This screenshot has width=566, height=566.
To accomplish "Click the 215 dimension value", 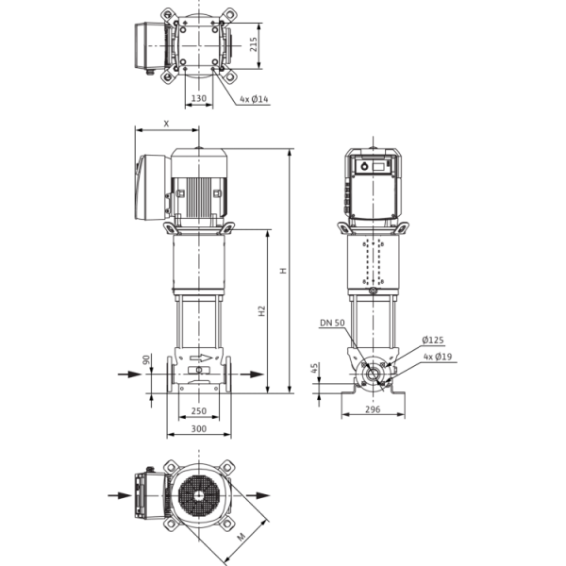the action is coord(254,44).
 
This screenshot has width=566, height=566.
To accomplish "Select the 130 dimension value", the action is coord(199,98).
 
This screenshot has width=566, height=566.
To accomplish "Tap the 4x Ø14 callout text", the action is coord(255,99).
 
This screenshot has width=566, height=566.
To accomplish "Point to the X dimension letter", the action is coord(166,124).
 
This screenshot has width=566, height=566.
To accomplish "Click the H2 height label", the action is coord(262,311).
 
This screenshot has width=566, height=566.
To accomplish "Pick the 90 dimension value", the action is coord(146,359).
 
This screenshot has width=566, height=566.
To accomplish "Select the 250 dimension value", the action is coord(199,410).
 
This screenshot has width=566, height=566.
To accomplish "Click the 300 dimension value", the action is coord(199,428).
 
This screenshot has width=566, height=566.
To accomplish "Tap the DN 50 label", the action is coord(332,323).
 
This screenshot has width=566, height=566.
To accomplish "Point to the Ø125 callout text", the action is coord(433,340).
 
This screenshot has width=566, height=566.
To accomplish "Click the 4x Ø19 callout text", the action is coord(438,357).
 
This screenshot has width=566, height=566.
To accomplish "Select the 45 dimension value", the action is coord(314,368).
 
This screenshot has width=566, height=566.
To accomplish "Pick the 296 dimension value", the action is coord(373,409).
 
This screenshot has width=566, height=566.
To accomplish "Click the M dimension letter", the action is coord(241,537).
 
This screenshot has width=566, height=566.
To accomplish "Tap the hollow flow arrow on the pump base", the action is coord(201,358).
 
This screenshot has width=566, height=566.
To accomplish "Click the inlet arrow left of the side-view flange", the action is coord(129,375).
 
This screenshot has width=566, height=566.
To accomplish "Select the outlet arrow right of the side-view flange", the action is coord(252,375).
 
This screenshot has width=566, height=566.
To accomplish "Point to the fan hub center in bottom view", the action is coord(198,495).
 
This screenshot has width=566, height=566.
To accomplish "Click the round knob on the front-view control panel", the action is coord(364,166).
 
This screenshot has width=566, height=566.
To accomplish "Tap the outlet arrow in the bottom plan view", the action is coord(258,495).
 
